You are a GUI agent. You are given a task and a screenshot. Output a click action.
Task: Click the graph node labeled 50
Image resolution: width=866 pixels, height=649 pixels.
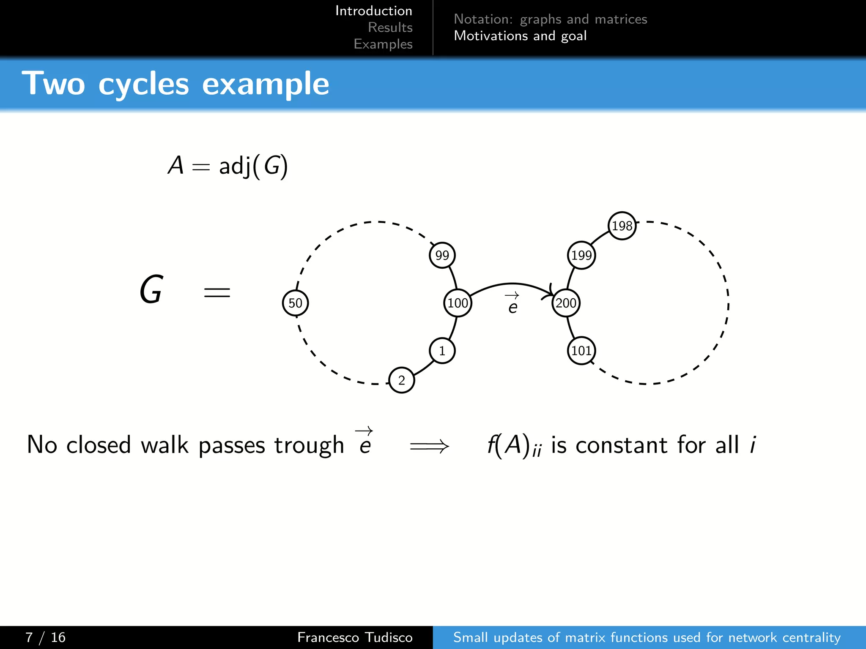295,303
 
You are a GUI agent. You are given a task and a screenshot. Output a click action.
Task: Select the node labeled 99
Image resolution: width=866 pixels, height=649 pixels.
442,255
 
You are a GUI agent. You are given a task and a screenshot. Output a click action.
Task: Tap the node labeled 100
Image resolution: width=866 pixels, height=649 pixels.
458,303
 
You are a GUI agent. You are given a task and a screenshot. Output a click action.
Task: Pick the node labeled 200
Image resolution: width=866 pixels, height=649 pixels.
566,303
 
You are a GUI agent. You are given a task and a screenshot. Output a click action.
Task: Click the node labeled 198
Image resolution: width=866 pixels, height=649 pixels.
622,226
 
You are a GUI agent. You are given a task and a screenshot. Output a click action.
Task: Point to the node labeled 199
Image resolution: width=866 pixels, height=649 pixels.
581,255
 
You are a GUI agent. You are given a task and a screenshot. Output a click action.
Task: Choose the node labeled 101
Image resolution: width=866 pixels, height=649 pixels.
581,351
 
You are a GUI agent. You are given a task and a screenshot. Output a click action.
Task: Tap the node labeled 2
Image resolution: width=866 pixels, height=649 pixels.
401,380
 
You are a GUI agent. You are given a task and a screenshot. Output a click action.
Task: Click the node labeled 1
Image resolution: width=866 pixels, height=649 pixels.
442,351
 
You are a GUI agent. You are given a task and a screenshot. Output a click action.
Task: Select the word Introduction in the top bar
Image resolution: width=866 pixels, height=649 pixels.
373,11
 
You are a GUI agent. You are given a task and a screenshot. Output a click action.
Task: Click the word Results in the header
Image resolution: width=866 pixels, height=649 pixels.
390,27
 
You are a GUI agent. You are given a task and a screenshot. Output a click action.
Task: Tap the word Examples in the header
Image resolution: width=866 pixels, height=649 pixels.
383,44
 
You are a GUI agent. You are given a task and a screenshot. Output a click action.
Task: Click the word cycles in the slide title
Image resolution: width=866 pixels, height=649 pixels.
143,84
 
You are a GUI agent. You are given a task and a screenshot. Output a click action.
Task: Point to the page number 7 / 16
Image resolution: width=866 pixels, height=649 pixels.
45,637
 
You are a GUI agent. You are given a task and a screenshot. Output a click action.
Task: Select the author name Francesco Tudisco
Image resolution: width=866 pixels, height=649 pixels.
354,637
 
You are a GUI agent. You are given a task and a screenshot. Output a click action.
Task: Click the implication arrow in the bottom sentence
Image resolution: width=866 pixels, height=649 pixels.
429,446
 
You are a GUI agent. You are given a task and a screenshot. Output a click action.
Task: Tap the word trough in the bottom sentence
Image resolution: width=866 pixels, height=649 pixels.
309,445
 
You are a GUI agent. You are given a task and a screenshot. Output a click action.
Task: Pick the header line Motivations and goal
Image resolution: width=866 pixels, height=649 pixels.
520,36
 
